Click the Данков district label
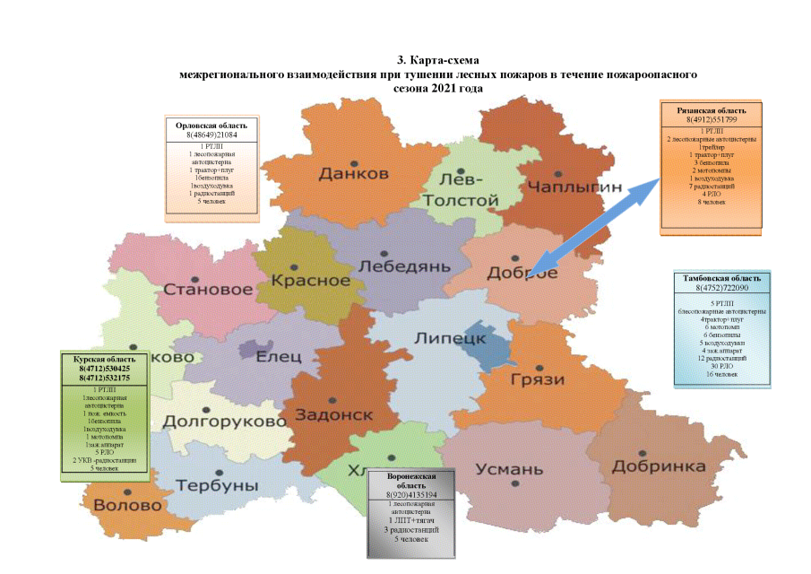pyautogui.click(x=353, y=173)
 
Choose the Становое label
pyautogui.click(x=207, y=291)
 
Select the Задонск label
pyautogui.click(x=333, y=415)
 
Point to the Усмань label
pyautogui.click(x=509, y=469)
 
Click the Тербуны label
pyautogui.click(x=217, y=485)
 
